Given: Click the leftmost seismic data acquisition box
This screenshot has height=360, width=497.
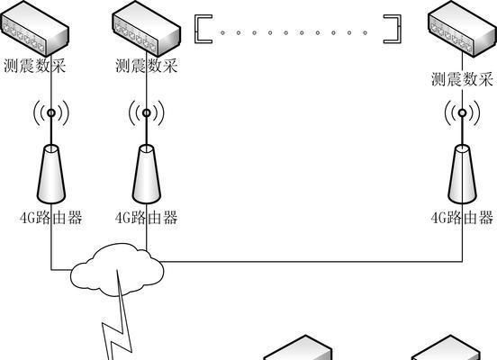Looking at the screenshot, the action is pyautogui.click(x=34, y=29).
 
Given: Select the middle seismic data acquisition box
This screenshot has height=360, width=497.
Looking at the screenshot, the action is pyautogui.click(x=147, y=29).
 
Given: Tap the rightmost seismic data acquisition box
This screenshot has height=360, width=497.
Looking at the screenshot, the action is pyautogui.click(x=463, y=29).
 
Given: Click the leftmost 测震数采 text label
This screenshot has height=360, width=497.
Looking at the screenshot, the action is pyautogui.click(x=35, y=66).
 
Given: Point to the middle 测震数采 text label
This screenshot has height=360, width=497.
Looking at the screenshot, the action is pyautogui.click(x=146, y=66).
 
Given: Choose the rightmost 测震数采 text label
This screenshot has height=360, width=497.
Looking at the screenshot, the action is pyautogui.click(x=462, y=79).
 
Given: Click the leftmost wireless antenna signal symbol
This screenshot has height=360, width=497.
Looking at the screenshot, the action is pyautogui.click(x=51, y=112).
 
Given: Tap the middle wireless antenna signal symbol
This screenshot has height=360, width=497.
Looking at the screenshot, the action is pyautogui.click(x=147, y=112).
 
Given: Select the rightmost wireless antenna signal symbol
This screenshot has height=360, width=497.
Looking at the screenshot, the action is pyautogui.click(x=463, y=112).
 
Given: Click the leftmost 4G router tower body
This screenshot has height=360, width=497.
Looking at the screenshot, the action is pyautogui.click(x=51, y=174).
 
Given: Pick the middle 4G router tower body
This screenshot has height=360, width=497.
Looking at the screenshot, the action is pyautogui.click(x=147, y=174).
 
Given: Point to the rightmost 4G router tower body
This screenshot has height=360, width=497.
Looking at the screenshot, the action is pyautogui.click(x=463, y=174).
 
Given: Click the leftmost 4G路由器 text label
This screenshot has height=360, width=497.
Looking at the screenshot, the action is pyautogui.click(x=51, y=218).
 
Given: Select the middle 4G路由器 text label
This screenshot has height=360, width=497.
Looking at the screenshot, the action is pyautogui.click(x=146, y=218).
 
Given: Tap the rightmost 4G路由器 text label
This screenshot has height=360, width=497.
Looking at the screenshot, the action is pyautogui.click(x=462, y=218).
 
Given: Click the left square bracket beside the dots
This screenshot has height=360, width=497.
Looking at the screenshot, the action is pyautogui.click(x=196, y=29).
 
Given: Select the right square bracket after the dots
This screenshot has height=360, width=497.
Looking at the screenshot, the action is pyautogui.click(x=399, y=29).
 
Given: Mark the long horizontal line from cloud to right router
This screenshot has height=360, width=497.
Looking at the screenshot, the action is pyautogui.click(x=312, y=262).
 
